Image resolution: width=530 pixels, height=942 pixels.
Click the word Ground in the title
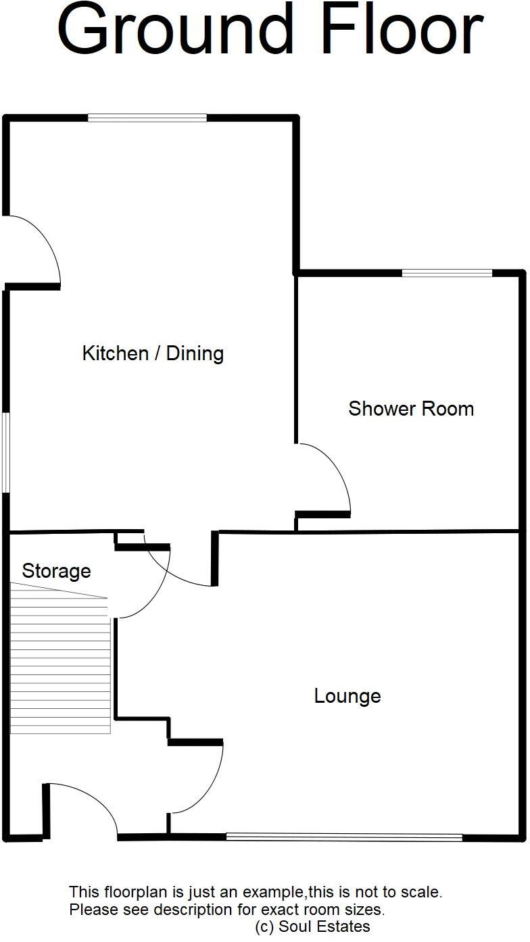click(x=174, y=30)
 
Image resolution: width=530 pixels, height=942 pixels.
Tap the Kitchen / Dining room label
click(x=153, y=353)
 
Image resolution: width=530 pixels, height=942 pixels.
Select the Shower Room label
click(x=411, y=408)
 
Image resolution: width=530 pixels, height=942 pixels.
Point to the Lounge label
click(x=347, y=695)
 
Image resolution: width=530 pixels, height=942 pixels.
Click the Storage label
click(x=56, y=571)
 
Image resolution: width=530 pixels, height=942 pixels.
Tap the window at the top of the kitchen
click(x=147, y=118)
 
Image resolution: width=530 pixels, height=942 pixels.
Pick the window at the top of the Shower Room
click(x=447, y=273)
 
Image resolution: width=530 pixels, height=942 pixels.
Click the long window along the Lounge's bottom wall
click(x=344, y=837)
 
